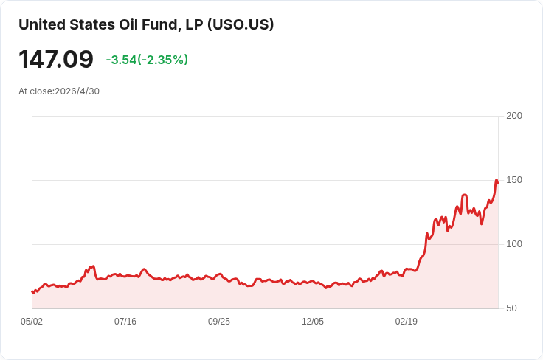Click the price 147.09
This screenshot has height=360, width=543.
point(56,60)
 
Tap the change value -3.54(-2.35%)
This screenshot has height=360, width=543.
point(147,60)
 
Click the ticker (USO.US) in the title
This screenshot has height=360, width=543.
point(241,24)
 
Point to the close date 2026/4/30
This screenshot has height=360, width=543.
point(77,91)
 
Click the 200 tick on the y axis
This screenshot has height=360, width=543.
point(514,116)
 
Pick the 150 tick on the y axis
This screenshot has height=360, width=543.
point(514,180)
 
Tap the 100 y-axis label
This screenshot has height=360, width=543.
point(514,244)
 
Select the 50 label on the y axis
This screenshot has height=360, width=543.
point(511,308)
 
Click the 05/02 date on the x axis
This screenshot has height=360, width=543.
point(32,322)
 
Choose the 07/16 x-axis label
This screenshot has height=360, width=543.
point(125,322)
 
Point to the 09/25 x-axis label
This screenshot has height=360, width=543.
point(219,322)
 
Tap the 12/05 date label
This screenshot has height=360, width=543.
point(313,322)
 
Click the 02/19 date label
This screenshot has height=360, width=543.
point(407,322)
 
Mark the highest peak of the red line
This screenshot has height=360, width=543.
point(497,180)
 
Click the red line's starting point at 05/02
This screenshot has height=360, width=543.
point(32,292)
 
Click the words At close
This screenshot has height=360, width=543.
point(36,91)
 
